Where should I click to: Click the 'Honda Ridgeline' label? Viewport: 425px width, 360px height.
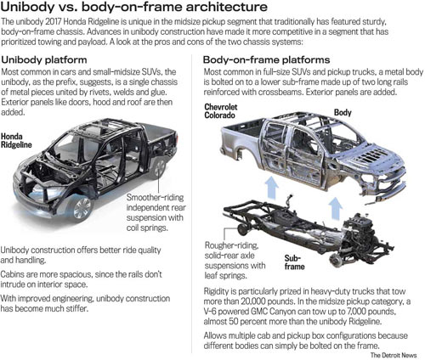coord(16,140)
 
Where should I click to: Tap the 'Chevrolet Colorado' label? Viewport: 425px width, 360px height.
coord(221,111)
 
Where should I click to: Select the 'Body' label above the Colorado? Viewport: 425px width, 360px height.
coord(343,113)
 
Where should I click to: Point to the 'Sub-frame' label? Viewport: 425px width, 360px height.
coord(294,262)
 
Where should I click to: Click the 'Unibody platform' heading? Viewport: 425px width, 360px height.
coord(44,60)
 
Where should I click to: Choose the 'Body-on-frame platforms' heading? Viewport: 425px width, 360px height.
coord(267,60)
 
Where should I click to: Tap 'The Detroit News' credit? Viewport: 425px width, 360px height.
coord(394,355)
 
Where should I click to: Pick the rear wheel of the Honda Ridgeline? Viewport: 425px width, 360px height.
coord(159,169)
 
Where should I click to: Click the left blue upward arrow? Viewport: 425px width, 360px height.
coord(271,188)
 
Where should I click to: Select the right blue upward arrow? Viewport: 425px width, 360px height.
coord(336,208)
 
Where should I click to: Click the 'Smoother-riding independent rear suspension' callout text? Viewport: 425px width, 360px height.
coord(156,212)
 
